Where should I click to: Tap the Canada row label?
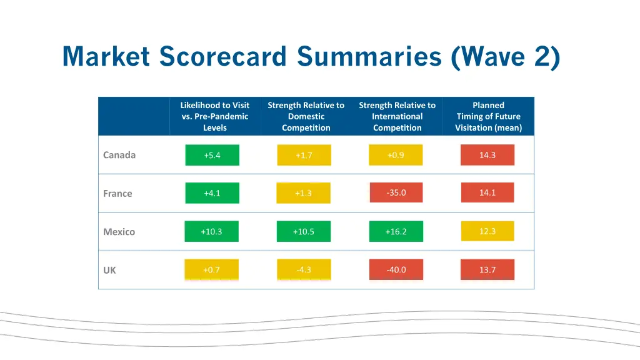pos(119,155)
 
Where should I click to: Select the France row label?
pos(117,194)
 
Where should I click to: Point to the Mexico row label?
pos(119,232)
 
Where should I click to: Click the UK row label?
pos(109,271)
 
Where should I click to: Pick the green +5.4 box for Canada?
pos(212,155)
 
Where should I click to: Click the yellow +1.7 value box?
pos(304,155)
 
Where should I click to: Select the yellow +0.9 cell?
pos(396,155)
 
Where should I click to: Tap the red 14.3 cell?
pos(487,155)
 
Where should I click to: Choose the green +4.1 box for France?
pos(212,193)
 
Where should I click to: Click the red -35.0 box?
pos(396,192)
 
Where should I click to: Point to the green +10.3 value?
pos(211,232)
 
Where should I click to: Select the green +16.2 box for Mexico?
pos(396,232)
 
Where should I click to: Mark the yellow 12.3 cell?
pos(487,231)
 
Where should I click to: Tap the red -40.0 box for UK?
pos(396,270)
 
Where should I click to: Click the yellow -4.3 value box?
pos(304,270)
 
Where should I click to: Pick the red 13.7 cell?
pos(487,270)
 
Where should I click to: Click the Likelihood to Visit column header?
pos(214,116)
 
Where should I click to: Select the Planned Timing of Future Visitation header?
pos(488,116)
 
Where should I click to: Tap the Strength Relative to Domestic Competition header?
pos(306,116)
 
